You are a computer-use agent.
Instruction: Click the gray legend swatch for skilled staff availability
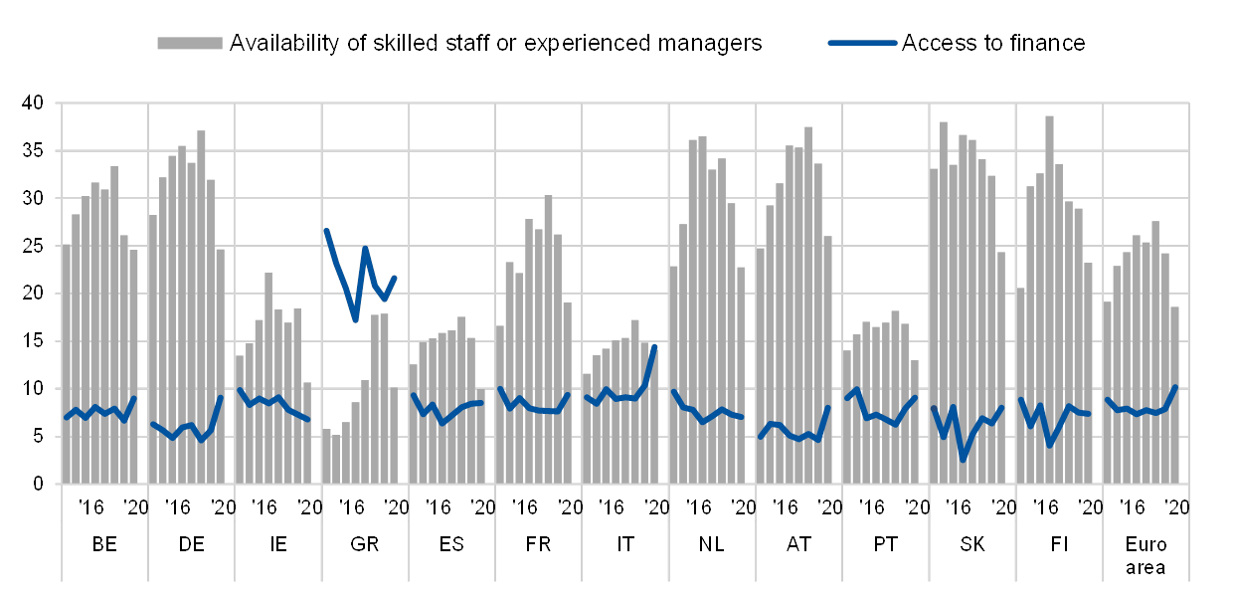pos(189,43)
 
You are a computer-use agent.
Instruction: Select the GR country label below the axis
pos(364,545)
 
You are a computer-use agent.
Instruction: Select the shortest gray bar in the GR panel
pos(336,459)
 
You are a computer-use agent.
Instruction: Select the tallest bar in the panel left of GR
pos(268,378)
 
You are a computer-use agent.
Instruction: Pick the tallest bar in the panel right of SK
pos(1049,299)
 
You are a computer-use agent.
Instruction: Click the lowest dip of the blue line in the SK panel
pos(963,459)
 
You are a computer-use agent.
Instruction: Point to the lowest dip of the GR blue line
pos(355,320)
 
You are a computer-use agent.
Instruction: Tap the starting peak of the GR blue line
pos(326,230)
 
